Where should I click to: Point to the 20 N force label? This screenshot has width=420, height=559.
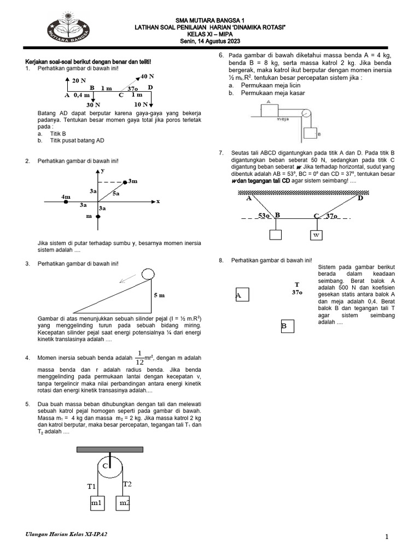79,80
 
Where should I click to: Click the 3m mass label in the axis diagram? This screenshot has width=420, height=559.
133,181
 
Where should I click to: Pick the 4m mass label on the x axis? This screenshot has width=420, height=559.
66,196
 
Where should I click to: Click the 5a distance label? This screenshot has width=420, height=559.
116,193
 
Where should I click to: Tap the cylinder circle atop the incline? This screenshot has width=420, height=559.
148,273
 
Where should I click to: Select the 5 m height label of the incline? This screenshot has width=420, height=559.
159,295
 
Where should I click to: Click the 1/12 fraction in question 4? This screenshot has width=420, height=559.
140,358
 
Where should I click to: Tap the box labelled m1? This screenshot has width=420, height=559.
97,502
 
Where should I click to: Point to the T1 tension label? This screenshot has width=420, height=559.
91,486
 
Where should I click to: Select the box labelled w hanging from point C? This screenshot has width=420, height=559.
316,235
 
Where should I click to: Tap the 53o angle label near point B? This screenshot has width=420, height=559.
264,216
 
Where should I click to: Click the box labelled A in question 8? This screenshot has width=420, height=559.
242,295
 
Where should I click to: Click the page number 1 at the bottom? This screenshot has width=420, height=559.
387,537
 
